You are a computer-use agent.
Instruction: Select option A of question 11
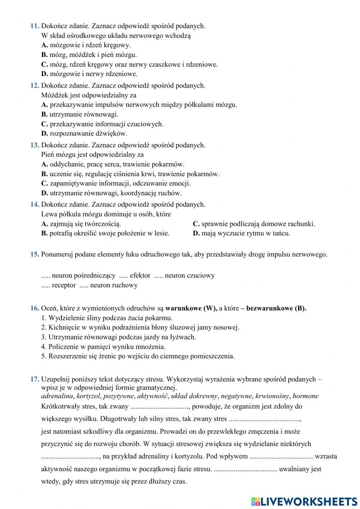(86, 45)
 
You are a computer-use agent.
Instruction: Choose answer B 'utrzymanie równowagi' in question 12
(80, 115)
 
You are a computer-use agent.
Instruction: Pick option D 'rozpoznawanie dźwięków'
(84, 134)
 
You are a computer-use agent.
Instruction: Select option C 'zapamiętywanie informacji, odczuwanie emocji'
(116, 183)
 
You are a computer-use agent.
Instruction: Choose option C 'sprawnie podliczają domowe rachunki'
(254, 224)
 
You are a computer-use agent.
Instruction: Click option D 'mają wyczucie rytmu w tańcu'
(241, 233)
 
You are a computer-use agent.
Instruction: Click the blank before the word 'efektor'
(123, 276)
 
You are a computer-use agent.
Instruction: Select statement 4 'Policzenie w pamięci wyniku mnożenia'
(103, 347)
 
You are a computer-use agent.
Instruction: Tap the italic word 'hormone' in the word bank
(306, 396)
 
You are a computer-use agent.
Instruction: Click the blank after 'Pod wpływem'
(281, 457)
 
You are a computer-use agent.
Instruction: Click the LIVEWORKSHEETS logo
(304, 501)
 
